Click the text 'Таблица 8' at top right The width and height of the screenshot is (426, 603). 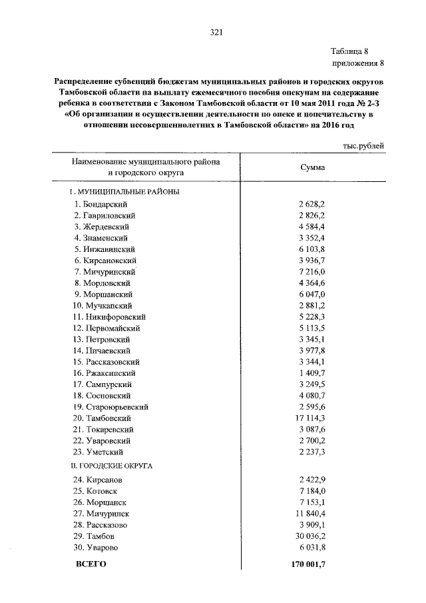tap(357, 51)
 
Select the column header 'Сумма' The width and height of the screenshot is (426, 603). tap(312, 167)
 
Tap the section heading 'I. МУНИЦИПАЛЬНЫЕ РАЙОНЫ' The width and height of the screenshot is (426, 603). tap(125, 191)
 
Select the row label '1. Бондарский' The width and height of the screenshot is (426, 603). tap(101, 204)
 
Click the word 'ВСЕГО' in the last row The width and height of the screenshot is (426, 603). tap(91, 564)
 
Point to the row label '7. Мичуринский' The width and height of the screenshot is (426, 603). tap(105, 272)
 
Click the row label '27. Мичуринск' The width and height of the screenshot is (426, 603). tap(101, 513)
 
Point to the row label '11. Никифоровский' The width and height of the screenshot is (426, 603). tap(110, 316)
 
